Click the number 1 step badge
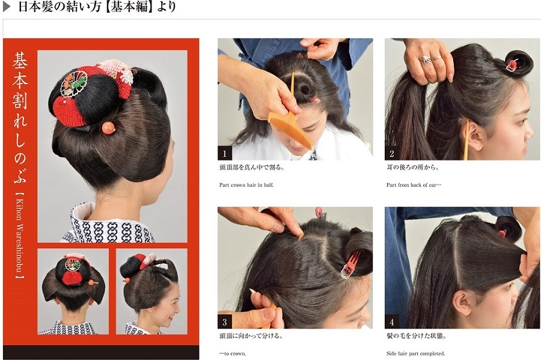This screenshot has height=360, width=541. click(x=225, y=153)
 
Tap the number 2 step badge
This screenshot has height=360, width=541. click(x=391, y=153)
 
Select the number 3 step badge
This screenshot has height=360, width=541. click(x=225, y=322)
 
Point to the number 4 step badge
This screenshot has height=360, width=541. click(x=391, y=322)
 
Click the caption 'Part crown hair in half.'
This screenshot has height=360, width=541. click(x=246, y=185)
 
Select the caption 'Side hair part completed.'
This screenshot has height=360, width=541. click(x=415, y=353)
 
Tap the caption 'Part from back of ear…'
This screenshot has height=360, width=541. click(x=414, y=185)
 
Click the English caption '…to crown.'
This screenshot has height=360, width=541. click(x=233, y=353)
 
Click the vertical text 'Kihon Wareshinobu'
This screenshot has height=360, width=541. click(x=20, y=237)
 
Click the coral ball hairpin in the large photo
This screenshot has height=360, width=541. click(x=108, y=127)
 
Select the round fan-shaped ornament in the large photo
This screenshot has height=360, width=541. click(x=73, y=85)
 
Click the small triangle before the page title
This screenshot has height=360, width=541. click(x=7, y=7)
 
